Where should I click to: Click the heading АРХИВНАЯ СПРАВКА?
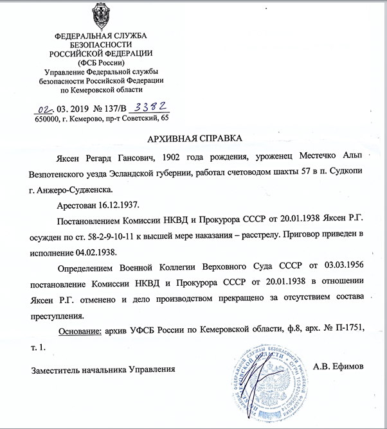click(193, 138)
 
